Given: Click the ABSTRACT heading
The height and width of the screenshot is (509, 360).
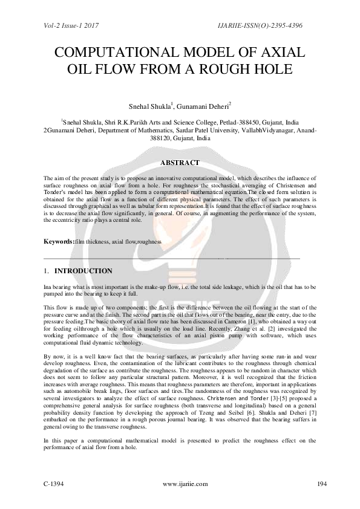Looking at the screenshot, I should (x=180, y=163).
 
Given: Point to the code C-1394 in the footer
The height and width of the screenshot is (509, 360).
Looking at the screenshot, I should (x=54, y=484).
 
